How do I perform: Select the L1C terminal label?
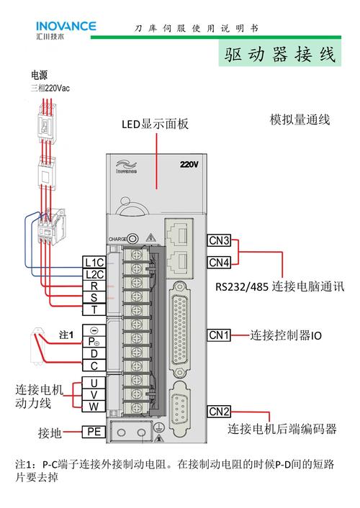94,262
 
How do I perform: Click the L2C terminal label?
94,274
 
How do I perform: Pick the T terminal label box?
94,310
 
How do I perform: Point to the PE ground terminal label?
94,432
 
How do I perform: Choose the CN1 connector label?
220,335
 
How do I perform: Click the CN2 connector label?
220,412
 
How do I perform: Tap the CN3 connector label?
220,241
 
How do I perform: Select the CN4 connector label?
220,262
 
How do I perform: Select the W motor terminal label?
94,407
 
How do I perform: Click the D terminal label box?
94,354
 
